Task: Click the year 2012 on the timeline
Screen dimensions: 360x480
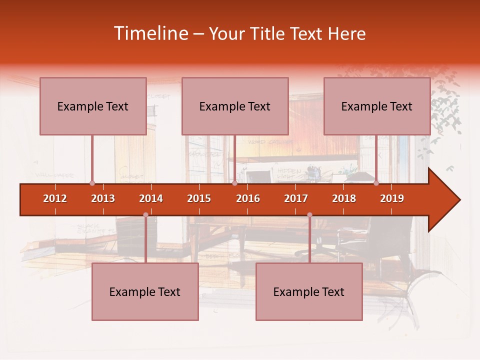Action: coord(55,198)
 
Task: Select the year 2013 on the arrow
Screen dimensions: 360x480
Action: coord(103,198)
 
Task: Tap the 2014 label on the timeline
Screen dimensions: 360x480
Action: coord(151,198)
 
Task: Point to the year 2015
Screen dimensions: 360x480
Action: coord(199,198)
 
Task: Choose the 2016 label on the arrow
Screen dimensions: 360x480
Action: coord(248,198)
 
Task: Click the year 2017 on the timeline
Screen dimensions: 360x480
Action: coord(296,198)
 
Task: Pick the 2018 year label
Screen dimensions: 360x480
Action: coord(344,198)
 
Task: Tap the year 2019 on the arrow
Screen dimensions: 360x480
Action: coord(392,198)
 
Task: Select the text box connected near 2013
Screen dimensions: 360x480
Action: coord(93,106)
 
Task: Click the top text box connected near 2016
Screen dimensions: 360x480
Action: coord(235,106)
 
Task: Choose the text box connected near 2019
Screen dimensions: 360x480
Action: coord(377,106)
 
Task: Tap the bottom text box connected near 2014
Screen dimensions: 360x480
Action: coord(145,291)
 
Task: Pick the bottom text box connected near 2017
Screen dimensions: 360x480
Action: coord(309,291)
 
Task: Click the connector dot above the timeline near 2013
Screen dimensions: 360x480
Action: coord(92,183)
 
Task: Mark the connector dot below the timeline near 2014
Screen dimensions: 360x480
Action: coord(145,215)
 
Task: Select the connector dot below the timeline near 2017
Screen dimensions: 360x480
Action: coord(309,215)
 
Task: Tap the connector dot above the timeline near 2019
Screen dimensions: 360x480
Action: coord(376,183)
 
